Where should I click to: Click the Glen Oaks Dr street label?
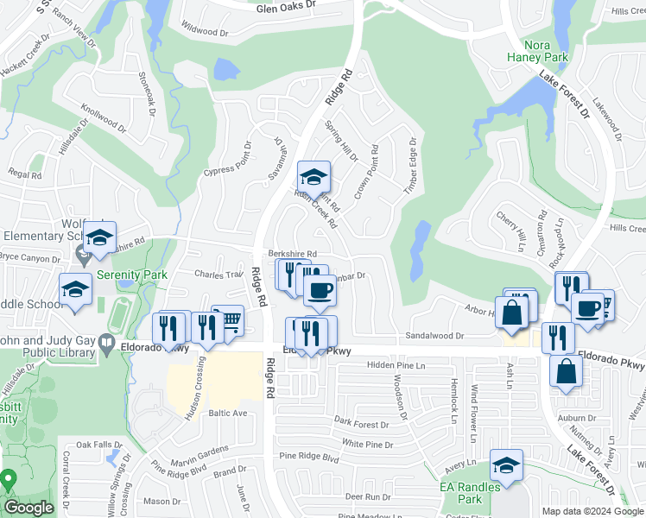pyautogui.click(x=287, y=6)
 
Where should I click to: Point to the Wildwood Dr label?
pyautogui.click(x=204, y=32)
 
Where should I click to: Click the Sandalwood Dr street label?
pyautogui.click(x=435, y=335)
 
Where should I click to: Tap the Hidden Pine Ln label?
pyautogui.click(x=396, y=366)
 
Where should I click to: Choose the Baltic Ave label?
pyautogui.click(x=227, y=414)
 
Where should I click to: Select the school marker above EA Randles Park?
pyautogui.click(x=506, y=464)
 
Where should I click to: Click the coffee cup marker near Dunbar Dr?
pyautogui.click(x=320, y=290)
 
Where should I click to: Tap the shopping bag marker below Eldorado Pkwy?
pyautogui.click(x=566, y=371)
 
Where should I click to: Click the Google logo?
pyautogui.click(x=29, y=509)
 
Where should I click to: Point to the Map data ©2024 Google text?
pyautogui.click(x=591, y=511)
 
